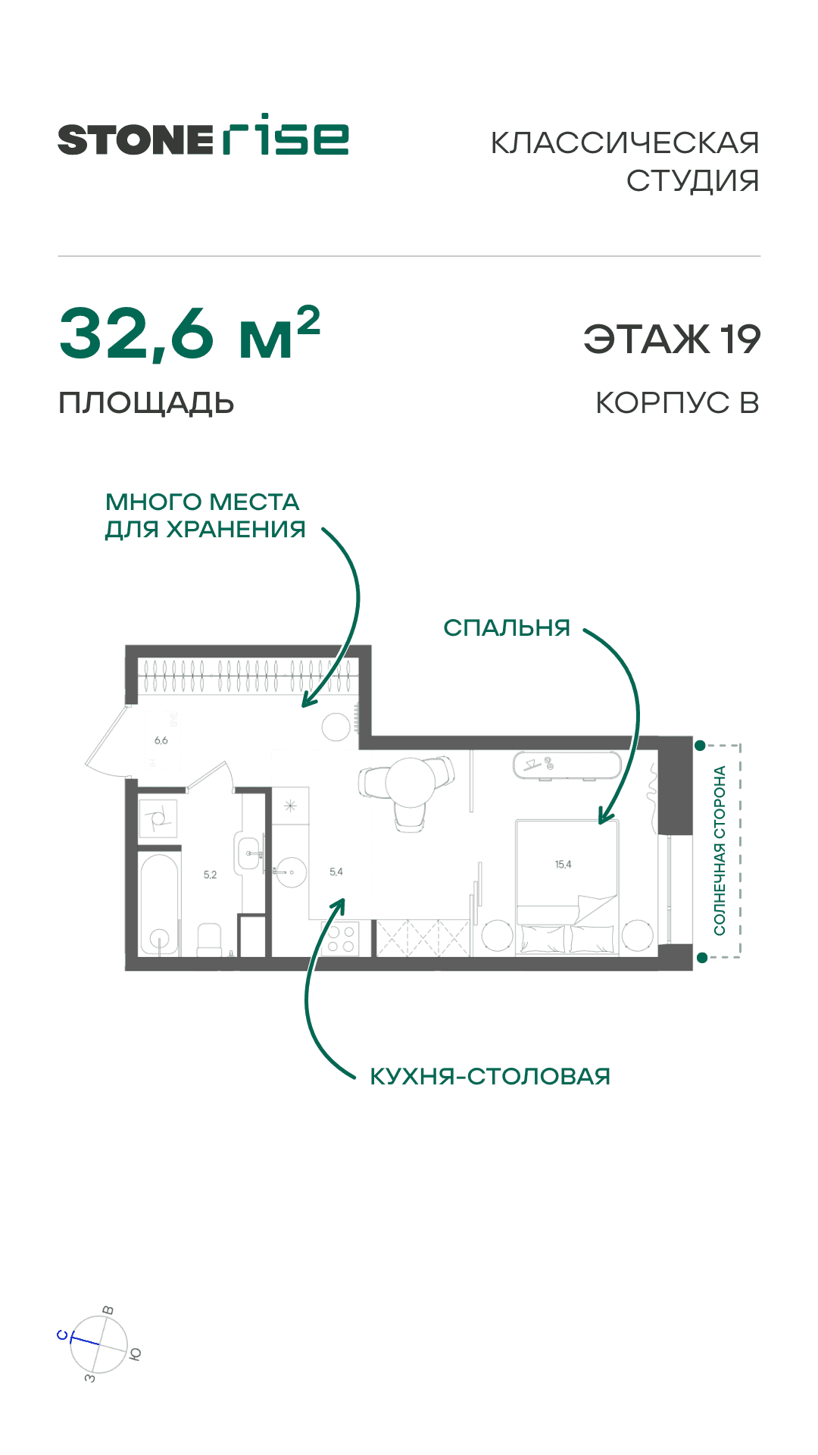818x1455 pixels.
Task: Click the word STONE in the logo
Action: (135, 140)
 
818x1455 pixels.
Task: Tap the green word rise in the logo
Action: (286, 136)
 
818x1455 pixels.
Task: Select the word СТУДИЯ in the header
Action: (692, 180)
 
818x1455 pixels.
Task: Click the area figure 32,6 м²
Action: (189, 333)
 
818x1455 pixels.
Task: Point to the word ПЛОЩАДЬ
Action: (146, 403)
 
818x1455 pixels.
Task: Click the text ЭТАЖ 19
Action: (672, 339)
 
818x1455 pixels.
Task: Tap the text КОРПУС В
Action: (677, 403)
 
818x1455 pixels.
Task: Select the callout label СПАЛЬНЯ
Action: (507, 627)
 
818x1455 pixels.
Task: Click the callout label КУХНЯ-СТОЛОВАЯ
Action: (489, 1076)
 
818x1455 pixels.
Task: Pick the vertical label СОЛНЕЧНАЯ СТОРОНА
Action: (720, 850)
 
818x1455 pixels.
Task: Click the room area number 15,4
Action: (563, 865)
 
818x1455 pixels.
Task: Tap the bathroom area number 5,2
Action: (210, 875)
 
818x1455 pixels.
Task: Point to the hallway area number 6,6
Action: (161, 740)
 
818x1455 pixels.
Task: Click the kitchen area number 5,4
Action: (336, 871)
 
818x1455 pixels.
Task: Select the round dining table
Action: (411, 782)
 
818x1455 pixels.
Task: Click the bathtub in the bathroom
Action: (159, 903)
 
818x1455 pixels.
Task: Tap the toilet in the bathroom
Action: (209, 940)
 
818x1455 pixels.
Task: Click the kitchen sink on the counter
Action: (290, 871)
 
